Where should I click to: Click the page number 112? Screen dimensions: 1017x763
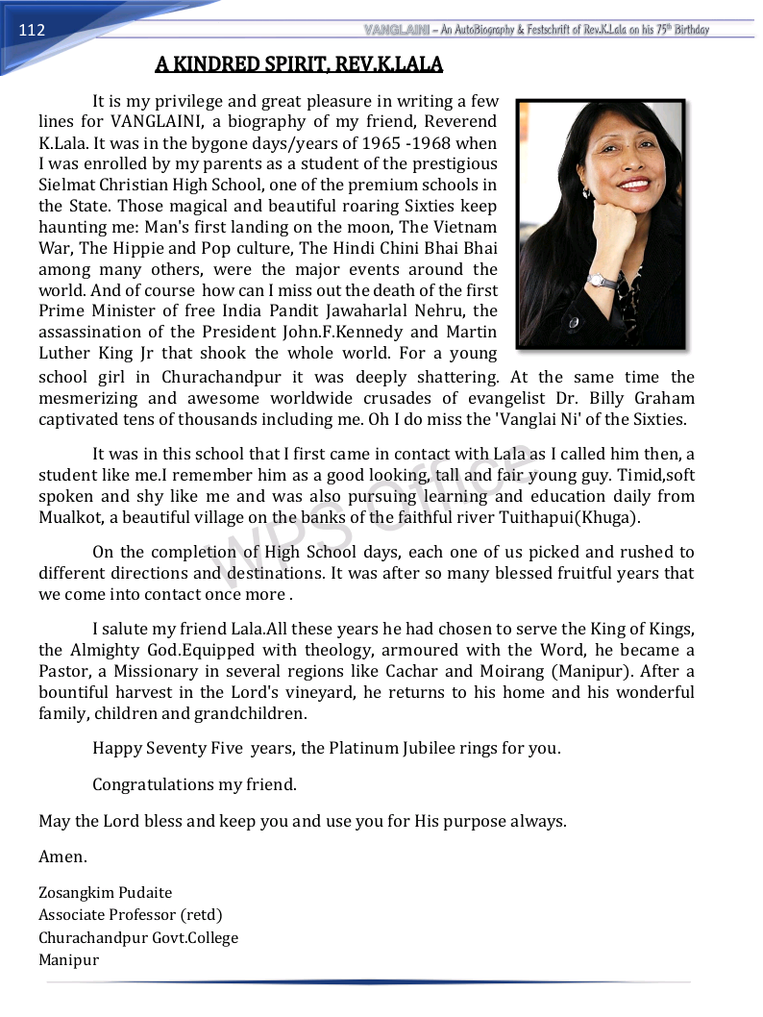point(32,30)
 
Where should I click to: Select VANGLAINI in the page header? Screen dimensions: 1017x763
point(395,30)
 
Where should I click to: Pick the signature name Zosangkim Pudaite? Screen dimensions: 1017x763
point(106,893)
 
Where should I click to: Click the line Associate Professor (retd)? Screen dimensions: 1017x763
point(130,915)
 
